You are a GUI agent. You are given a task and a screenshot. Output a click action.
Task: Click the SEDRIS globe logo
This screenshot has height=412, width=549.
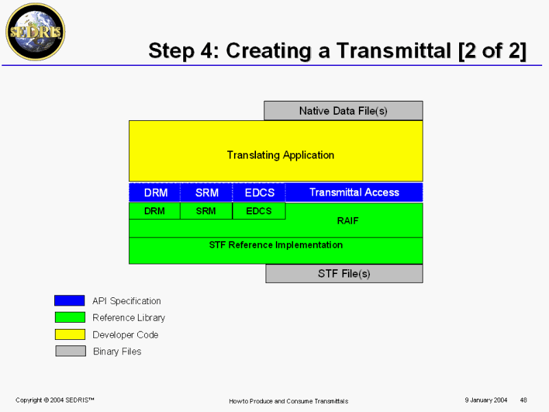(x=36, y=32)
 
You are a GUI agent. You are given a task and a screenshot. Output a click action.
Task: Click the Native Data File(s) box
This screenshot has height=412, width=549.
(x=343, y=111)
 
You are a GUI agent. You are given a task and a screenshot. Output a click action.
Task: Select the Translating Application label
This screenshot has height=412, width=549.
(x=281, y=155)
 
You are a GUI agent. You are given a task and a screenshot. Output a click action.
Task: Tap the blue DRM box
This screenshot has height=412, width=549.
(x=155, y=192)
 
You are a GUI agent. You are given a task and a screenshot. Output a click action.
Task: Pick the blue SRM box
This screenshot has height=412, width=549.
(x=207, y=192)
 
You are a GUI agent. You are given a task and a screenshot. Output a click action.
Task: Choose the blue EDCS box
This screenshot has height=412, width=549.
(x=259, y=192)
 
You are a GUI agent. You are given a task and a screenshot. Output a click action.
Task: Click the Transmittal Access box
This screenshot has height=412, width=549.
(x=354, y=192)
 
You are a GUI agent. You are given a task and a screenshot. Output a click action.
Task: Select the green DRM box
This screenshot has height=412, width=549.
(x=154, y=211)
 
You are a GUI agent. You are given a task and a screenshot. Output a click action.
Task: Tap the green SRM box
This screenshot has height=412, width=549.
(x=207, y=211)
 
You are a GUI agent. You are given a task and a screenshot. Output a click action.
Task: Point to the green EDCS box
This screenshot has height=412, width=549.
(x=259, y=211)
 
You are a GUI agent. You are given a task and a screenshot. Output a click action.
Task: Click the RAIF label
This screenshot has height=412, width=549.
(x=348, y=220)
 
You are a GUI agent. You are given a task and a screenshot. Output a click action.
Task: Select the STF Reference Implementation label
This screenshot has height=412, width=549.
(x=276, y=245)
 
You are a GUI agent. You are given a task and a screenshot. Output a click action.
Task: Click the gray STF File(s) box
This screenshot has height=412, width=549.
(x=344, y=273)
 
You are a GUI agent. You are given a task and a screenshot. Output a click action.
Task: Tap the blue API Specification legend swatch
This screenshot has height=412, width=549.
(x=69, y=301)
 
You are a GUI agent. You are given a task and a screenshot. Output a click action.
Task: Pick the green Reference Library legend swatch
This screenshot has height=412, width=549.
(x=70, y=317)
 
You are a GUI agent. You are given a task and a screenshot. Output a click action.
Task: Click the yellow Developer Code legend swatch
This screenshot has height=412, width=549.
(x=70, y=334)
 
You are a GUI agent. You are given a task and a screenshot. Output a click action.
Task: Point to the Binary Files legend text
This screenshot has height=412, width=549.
(x=117, y=352)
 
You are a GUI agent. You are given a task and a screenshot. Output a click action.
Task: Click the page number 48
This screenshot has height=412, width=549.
(x=524, y=400)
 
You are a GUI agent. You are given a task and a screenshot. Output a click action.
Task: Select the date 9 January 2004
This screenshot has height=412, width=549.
(x=486, y=400)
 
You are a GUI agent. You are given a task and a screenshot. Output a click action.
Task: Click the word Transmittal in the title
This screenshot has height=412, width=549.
(x=394, y=50)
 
